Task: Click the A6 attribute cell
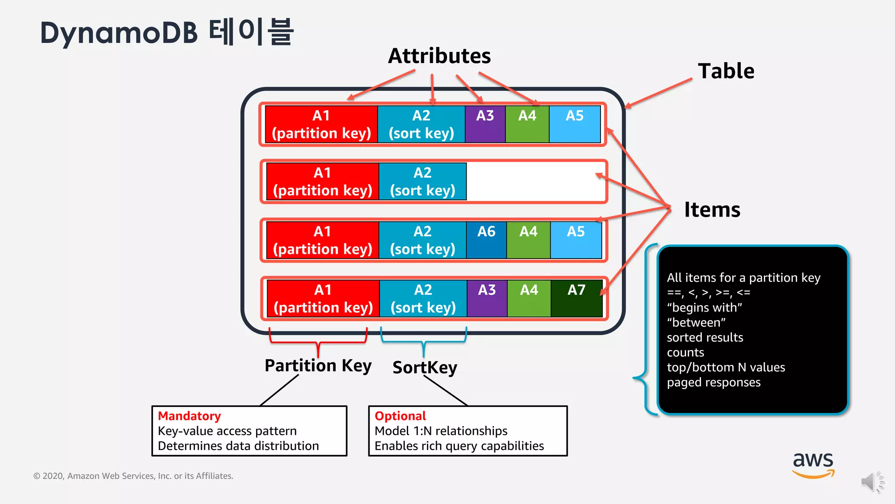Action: pyautogui.click(x=486, y=240)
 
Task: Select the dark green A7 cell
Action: pyautogui.click(x=576, y=298)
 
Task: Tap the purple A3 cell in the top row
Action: pyautogui.click(x=485, y=124)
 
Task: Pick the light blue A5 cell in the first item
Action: pyautogui.click(x=575, y=124)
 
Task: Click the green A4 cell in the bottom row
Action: pyautogui.click(x=529, y=298)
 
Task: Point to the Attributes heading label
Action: pyautogui.click(x=439, y=56)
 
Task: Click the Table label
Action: pyautogui.click(x=726, y=71)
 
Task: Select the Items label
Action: pyautogui.click(x=712, y=210)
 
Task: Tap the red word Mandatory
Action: pyautogui.click(x=189, y=416)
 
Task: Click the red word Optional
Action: pyautogui.click(x=400, y=416)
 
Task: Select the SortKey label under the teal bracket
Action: pyautogui.click(x=424, y=367)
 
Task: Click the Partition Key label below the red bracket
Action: pyautogui.click(x=318, y=365)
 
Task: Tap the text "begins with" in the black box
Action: pyautogui.click(x=704, y=308)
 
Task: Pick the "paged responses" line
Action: pyautogui.click(x=714, y=382)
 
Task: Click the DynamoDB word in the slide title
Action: pyautogui.click(x=119, y=33)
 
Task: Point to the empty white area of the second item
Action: pyautogui.click(x=535, y=182)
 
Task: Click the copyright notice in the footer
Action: pyautogui.click(x=133, y=476)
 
